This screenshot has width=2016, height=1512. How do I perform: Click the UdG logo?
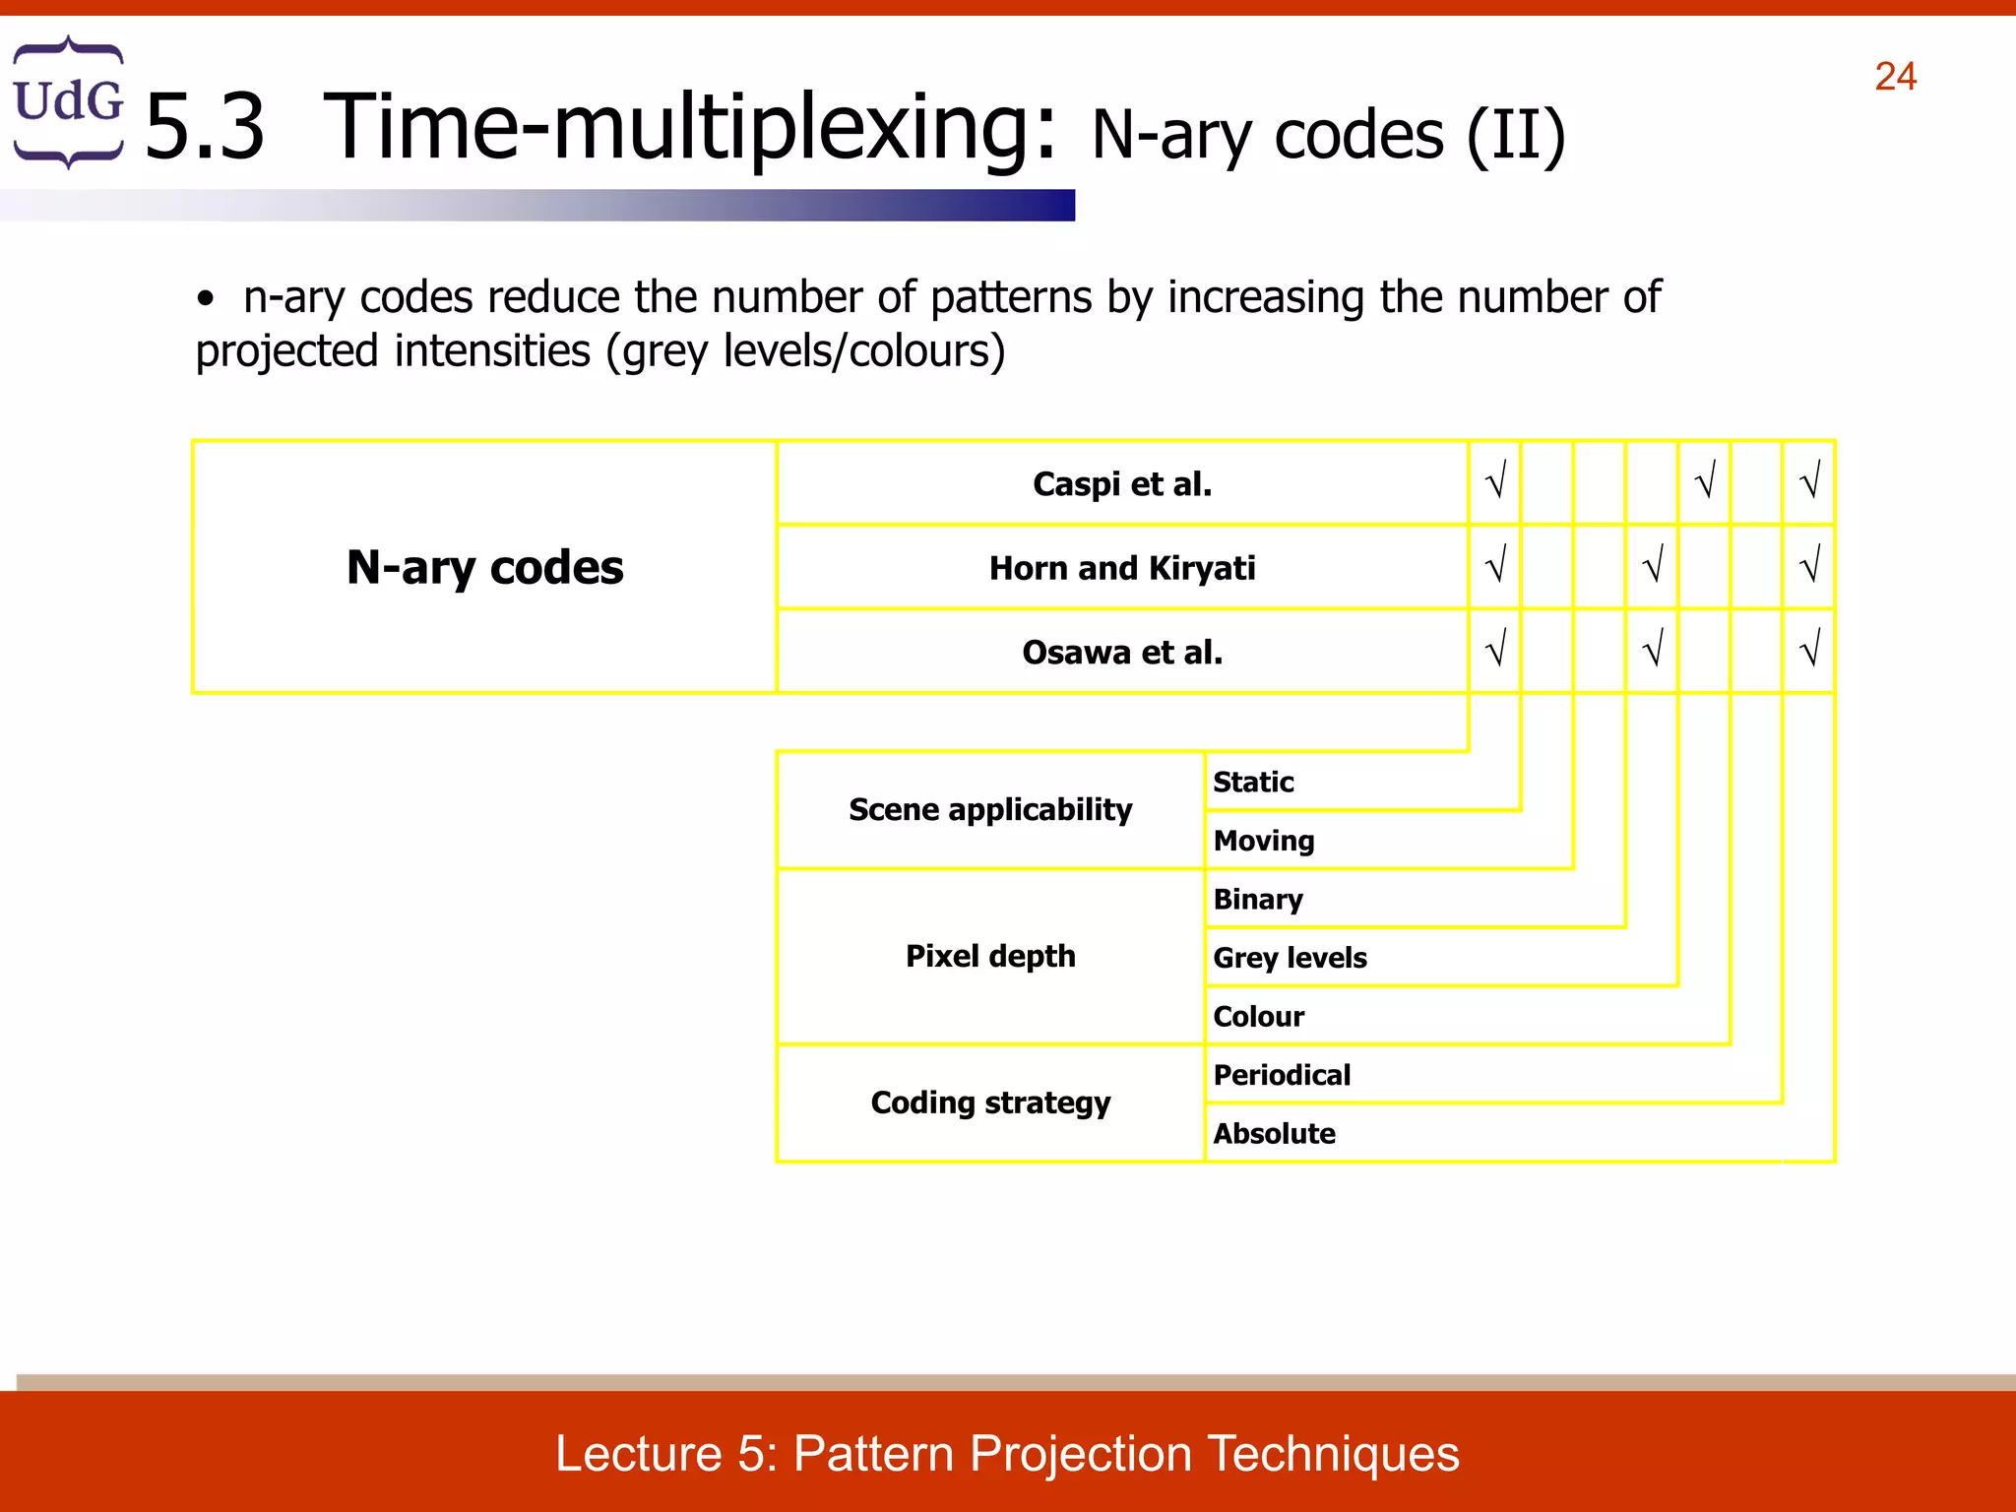click(x=68, y=101)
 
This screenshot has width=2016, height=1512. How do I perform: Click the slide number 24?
click(x=1895, y=77)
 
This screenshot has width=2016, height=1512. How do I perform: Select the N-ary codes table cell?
click(x=484, y=567)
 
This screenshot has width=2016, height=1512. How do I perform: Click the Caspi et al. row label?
click(x=1122, y=483)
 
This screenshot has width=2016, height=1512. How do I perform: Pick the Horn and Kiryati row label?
click(x=1122, y=568)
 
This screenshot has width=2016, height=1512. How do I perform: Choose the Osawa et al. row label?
click(x=1122, y=652)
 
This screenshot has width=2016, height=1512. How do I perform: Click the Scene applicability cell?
click(x=990, y=809)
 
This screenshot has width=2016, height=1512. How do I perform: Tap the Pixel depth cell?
click(x=990, y=956)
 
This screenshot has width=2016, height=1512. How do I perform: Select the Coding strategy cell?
click(x=990, y=1102)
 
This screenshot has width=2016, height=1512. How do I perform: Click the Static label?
click(x=1253, y=782)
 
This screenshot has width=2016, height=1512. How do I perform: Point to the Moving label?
click(x=1264, y=841)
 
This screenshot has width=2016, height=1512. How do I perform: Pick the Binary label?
click(x=1258, y=899)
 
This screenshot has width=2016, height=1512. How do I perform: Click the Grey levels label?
click(x=1290, y=958)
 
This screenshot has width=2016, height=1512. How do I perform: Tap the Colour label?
click(x=1258, y=1016)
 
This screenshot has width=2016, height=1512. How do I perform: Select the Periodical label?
click(x=1282, y=1075)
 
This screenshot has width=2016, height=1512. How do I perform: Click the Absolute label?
click(x=1274, y=1133)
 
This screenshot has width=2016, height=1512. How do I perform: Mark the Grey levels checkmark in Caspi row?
click(x=1705, y=481)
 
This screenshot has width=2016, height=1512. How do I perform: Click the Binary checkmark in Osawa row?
click(x=1653, y=650)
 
